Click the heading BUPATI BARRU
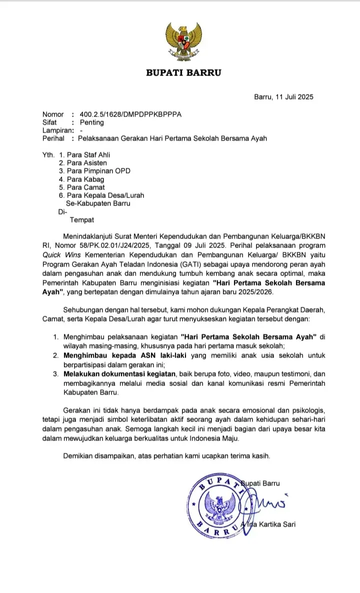tap(183, 73)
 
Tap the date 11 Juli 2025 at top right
tap(292, 97)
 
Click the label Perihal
tap(53, 138)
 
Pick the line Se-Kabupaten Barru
tap(98, 203)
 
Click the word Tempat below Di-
tap(82, 219)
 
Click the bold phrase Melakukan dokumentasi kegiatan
tap(119, 374)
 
